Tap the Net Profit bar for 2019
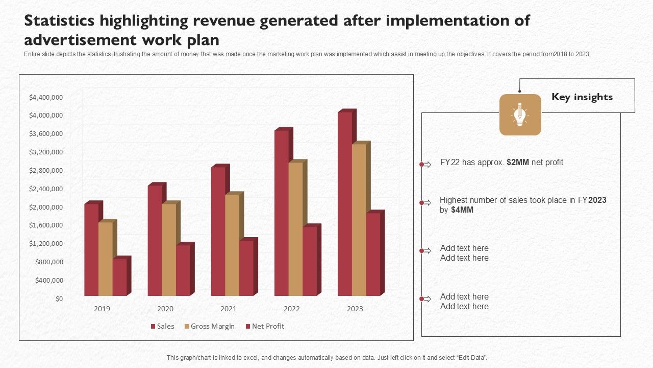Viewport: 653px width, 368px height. coord(119,277)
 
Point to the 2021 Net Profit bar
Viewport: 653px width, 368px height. coord(246,268)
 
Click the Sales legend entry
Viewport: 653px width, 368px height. coord(162,326)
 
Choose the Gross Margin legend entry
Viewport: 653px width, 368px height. coord(209,326)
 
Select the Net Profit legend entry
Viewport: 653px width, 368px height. coord(265,326)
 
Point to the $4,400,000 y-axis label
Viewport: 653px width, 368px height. coord(46,97)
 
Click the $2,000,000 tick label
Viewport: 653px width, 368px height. coord(46,207)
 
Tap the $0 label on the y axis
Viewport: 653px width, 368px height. coord(60,298)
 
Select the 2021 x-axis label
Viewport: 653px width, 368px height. coord(229,309)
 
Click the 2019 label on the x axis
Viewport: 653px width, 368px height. coord(102,309)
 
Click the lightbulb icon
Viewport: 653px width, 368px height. coord(520,114)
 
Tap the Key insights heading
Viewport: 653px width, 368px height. coord(582,97)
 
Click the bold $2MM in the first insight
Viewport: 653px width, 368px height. coord(518,163)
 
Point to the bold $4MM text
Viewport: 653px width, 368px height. coord(462,210)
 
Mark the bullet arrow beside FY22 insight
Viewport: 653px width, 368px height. coord(425,164)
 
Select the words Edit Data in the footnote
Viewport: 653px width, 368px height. coord(470,358)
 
